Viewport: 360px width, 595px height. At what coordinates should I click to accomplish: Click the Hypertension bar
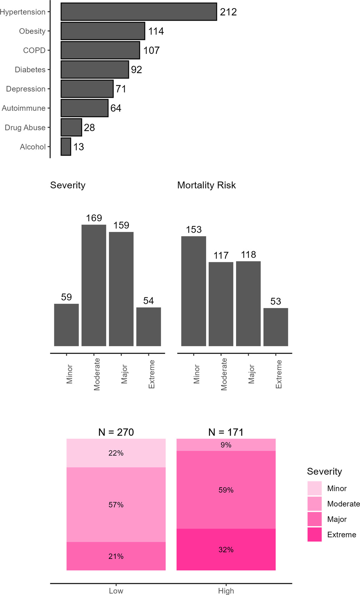(139, 12)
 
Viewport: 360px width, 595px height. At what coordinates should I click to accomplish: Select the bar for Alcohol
(66, 147)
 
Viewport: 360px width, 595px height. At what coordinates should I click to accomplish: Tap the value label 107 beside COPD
(151, 50)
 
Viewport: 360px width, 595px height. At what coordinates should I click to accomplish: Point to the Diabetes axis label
(30, 70)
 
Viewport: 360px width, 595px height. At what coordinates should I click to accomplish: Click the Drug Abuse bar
(71, 127)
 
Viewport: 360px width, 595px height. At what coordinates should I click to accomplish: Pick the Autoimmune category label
(24, 108)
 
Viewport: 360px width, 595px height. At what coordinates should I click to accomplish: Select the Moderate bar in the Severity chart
(94, 285)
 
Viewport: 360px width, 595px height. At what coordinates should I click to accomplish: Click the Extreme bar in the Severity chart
(149, 327)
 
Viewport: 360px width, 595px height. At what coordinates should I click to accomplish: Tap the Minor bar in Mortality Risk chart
(194, 291)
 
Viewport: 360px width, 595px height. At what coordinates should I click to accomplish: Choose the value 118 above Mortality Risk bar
(249, 254)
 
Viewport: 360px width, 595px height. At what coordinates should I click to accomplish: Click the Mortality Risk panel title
(206, 185)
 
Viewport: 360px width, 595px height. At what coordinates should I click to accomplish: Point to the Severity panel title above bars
(68, 185)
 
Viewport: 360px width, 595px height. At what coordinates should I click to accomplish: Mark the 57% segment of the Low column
(116, 505)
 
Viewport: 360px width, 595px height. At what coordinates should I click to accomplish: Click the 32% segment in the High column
(226, 550)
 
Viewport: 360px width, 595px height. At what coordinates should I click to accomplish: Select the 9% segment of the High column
(226, 445)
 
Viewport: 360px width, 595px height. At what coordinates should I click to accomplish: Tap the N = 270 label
(116, 432)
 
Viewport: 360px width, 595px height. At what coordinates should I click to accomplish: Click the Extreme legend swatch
(314, 535)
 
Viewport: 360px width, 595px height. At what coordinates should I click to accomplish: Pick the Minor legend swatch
(314, 488)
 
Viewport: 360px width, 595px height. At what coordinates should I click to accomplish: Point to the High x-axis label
(226, 591)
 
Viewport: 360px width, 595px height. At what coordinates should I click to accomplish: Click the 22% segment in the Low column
(116, 453)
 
